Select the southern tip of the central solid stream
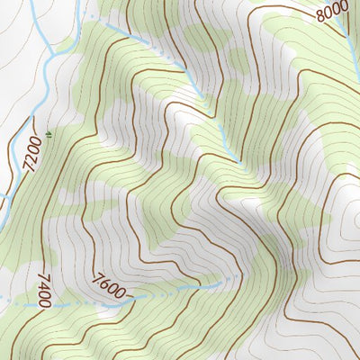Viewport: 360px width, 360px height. coord(239,162)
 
